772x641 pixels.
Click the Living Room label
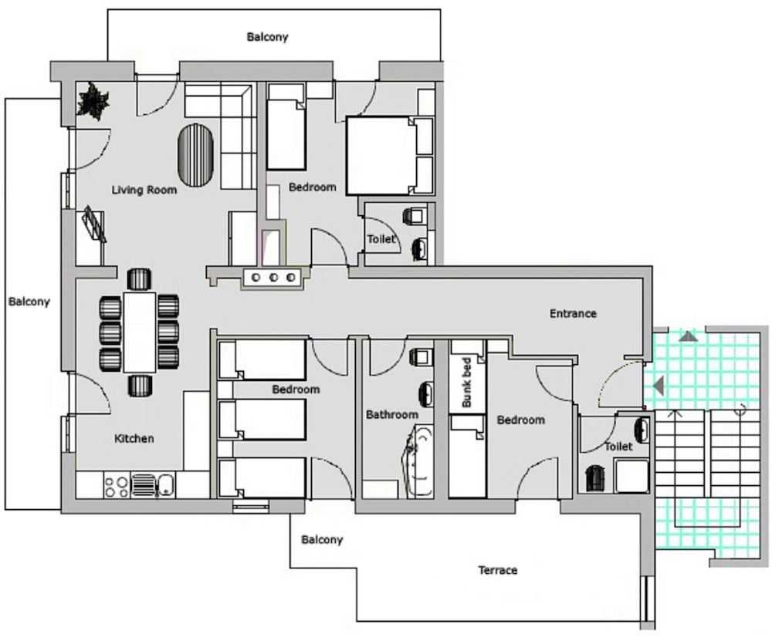click(x=144, y=190)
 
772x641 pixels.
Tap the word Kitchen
click(x=134, y=438)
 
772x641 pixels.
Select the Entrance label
click(x=573, y=313)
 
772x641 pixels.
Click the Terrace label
click(x=498, y=570)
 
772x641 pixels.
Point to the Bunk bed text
click(x=467, y=383)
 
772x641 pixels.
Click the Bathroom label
click(x=392, y=415)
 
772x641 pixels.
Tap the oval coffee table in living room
click(x=195, y=156)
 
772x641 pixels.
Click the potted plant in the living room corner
click(x=93, y=102)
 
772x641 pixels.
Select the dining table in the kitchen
click(x=139, y=332)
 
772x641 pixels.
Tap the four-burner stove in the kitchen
click(x=117, y=485)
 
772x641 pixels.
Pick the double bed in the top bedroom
click(x=378, y=156)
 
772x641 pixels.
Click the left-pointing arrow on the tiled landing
click(x=659, y=385)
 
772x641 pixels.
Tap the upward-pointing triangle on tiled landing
click(x=689, y=337)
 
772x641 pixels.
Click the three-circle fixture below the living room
click(x=273, y=278)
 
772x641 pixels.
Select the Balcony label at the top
click(x=267, y=37)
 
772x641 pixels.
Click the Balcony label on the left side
click(x=29, y=301)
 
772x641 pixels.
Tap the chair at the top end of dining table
click(x=139, y=279)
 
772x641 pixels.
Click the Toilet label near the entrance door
click(x=618, y=446)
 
